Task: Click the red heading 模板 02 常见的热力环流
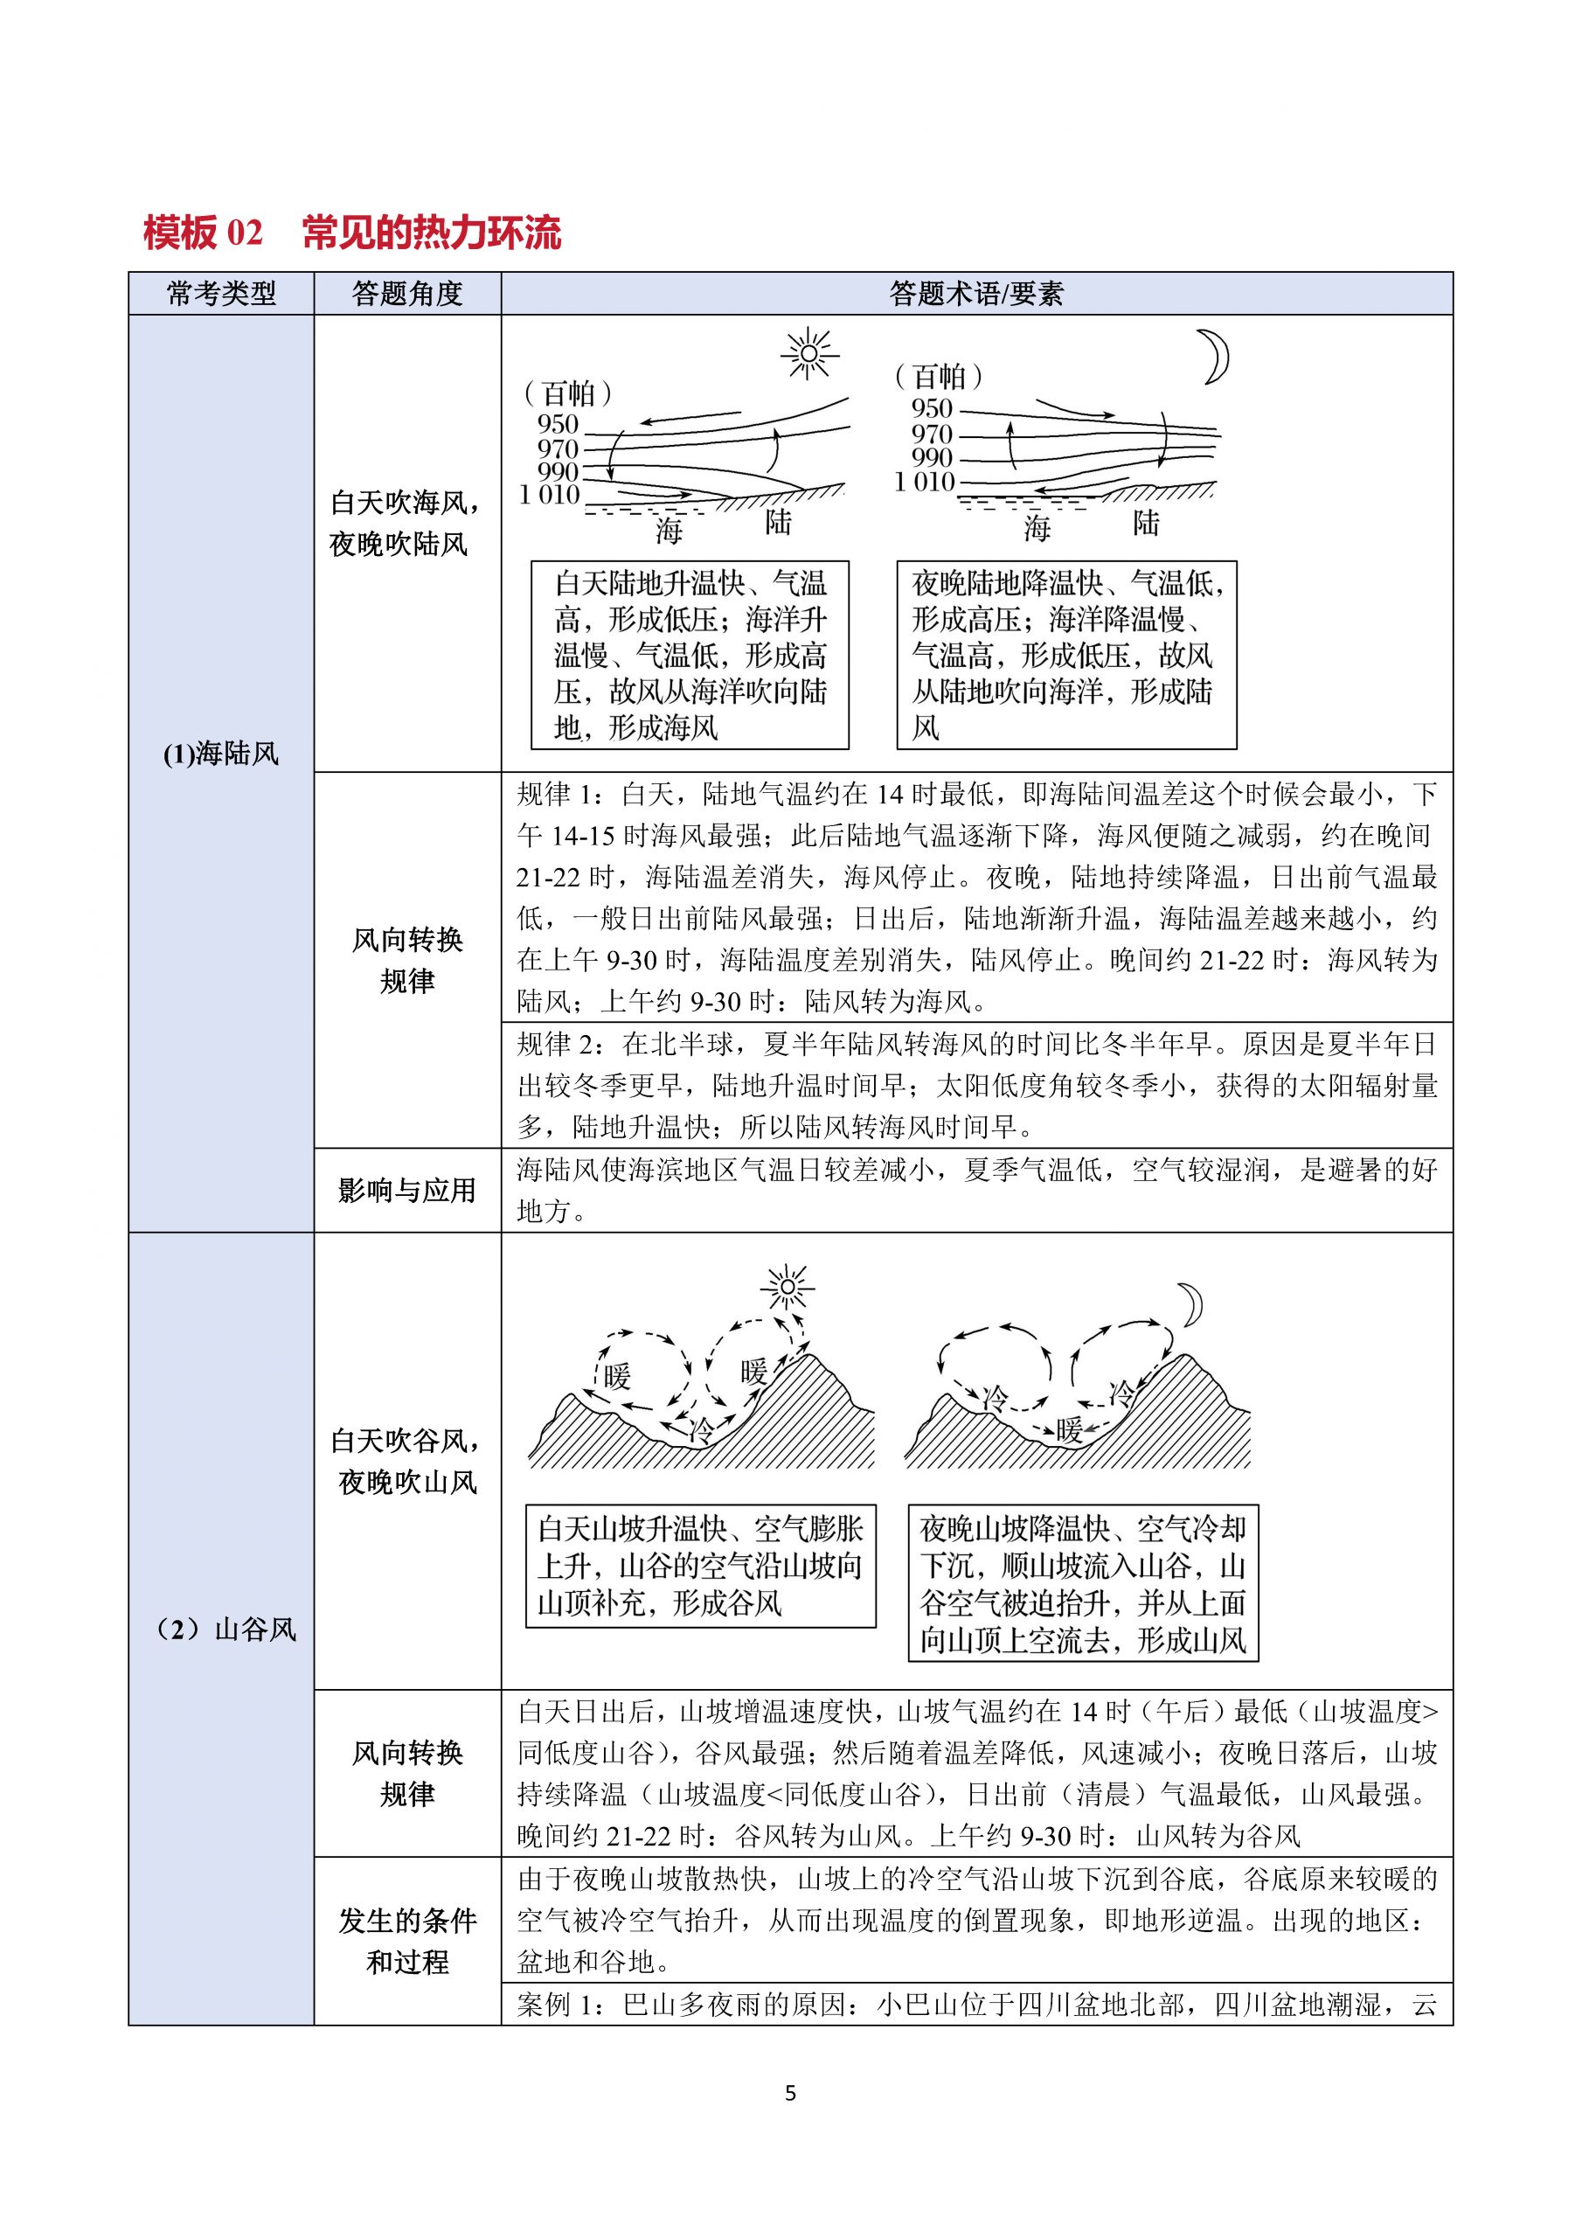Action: coord(352,233)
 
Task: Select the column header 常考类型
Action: coord(221,294)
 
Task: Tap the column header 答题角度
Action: coord(407,294)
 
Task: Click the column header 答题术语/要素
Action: coord(975,294)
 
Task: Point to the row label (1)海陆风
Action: coord(221,754)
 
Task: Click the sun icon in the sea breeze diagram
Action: coord(809,355)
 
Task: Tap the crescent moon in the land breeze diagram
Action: coord(1213,357)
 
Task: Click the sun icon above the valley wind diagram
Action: coord(787,1288)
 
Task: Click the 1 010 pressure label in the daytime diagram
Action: coord(549,494)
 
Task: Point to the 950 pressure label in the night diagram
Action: coord(931,408)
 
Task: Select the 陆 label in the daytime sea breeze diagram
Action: coord(778,524)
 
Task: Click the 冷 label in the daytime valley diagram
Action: coord(701,1431)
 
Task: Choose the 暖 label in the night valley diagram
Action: coord(1069,1430)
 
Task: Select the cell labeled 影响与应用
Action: coord(407,1190)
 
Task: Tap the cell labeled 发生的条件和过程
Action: coord(407,1941)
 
